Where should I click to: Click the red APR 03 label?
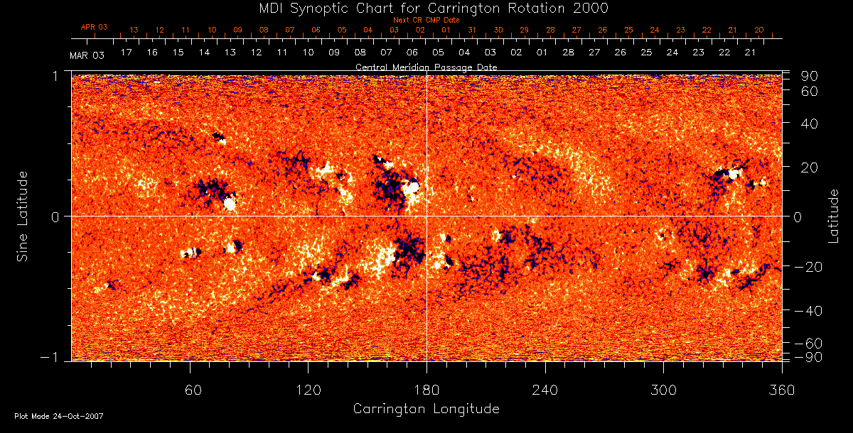click(94, 27)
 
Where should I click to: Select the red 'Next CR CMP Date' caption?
click(426, 20)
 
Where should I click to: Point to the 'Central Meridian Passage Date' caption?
click(426, 67)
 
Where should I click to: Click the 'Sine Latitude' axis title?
click(23, 216)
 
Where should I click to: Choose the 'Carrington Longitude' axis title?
click(426, 409)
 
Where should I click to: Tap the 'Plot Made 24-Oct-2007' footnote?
click(59, 416)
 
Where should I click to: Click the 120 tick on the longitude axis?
click(308, 389)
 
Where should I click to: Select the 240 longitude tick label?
click(544, 389)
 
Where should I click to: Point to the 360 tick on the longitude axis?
click(781, 389)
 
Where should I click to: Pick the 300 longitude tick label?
click(663, 389)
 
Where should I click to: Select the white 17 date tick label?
click(127, 53)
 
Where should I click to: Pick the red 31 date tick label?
click(472, 30)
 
